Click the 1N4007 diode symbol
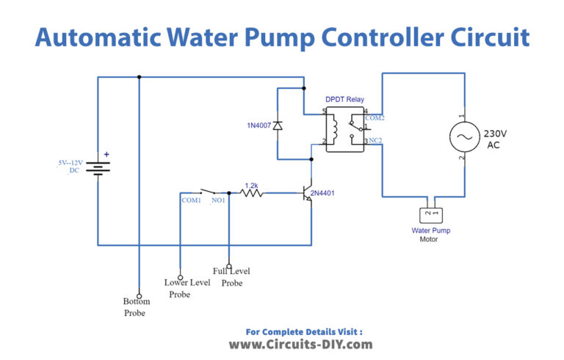pyautogui.click(x=277, y=126)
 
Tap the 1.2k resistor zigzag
pyautogui.click(x=252, y=193)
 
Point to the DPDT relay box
pyautogui.click(x=345, y=130)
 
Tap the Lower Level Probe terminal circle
pyautogui.click(x=180, y=268)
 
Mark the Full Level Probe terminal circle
pyautogui.click(x=229, y=267)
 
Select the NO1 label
pyautogui.click(x=217, y=200)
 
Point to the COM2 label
pyautogui.click(x=375, y=118)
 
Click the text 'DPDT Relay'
pyautogui.click(x=344, y=99)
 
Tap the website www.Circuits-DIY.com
pyautogui.click(x=301, y=344)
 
